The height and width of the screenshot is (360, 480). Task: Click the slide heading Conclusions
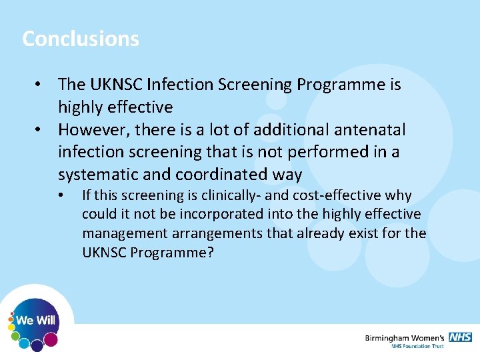pos(81,39)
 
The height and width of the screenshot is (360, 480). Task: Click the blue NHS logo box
pos(460,337)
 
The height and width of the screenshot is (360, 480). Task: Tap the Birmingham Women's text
pos(405,338)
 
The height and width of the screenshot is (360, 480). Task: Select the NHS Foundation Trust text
pos(418,347)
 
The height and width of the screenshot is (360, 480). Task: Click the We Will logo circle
pos(36,321)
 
